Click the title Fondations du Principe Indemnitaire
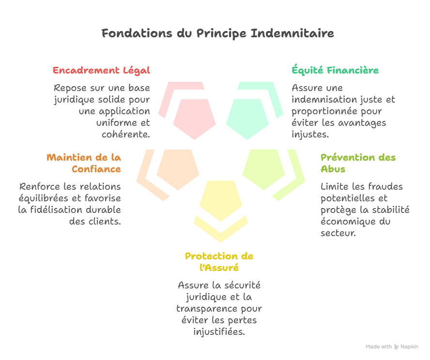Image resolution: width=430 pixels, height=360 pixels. click(217, 34)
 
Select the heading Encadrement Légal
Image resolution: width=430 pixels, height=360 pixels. click(102, 71)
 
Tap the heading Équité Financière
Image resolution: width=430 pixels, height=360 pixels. click(335, 71)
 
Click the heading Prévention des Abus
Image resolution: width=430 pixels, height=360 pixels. click(358, 163)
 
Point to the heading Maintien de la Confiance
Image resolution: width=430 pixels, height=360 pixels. click(84, 163)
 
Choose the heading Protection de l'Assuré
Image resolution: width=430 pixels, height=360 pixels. click(219, 262)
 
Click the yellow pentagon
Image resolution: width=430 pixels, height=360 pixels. click(221, 200)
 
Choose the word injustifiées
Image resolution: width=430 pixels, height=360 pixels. click(219, 332)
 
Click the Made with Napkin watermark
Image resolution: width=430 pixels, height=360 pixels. click(391, 347)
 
